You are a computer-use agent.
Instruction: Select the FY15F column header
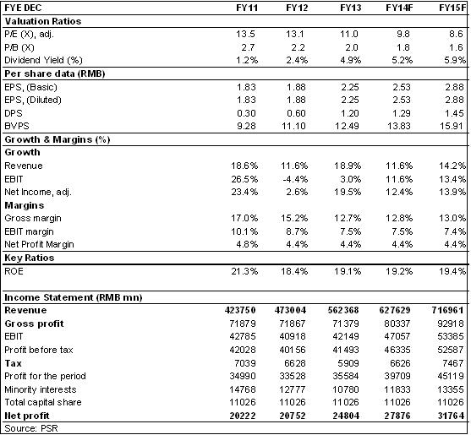click(x=452, y=8)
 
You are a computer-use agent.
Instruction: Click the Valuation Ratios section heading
click(x=43, y=21)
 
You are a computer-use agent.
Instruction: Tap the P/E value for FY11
click(x=245, y=34)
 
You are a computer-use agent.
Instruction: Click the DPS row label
click(x=14, y=113)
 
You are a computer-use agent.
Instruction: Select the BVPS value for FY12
click(x=293, y=127)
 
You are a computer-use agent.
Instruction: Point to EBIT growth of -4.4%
click(x=295, y=179)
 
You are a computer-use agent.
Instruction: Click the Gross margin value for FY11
click(x=244, y=218)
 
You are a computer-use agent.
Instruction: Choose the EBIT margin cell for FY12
click(x=297, y=231)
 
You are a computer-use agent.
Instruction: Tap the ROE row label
click(x=14, y=271)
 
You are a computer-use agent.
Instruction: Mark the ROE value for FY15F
click(x=452, y=271)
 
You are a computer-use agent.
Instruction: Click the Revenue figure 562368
click(x=343, y=310)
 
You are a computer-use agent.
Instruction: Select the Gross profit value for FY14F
click(x=397, y=324)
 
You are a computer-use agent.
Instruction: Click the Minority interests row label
click(x=41, y=389)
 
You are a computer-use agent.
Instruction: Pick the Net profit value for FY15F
click(x=451, y=416)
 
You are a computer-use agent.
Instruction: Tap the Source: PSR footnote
click(x=31, y=428)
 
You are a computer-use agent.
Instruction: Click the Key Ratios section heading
click(x=30, y=258)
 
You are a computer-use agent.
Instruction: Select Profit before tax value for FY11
click(x=243, y=350)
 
